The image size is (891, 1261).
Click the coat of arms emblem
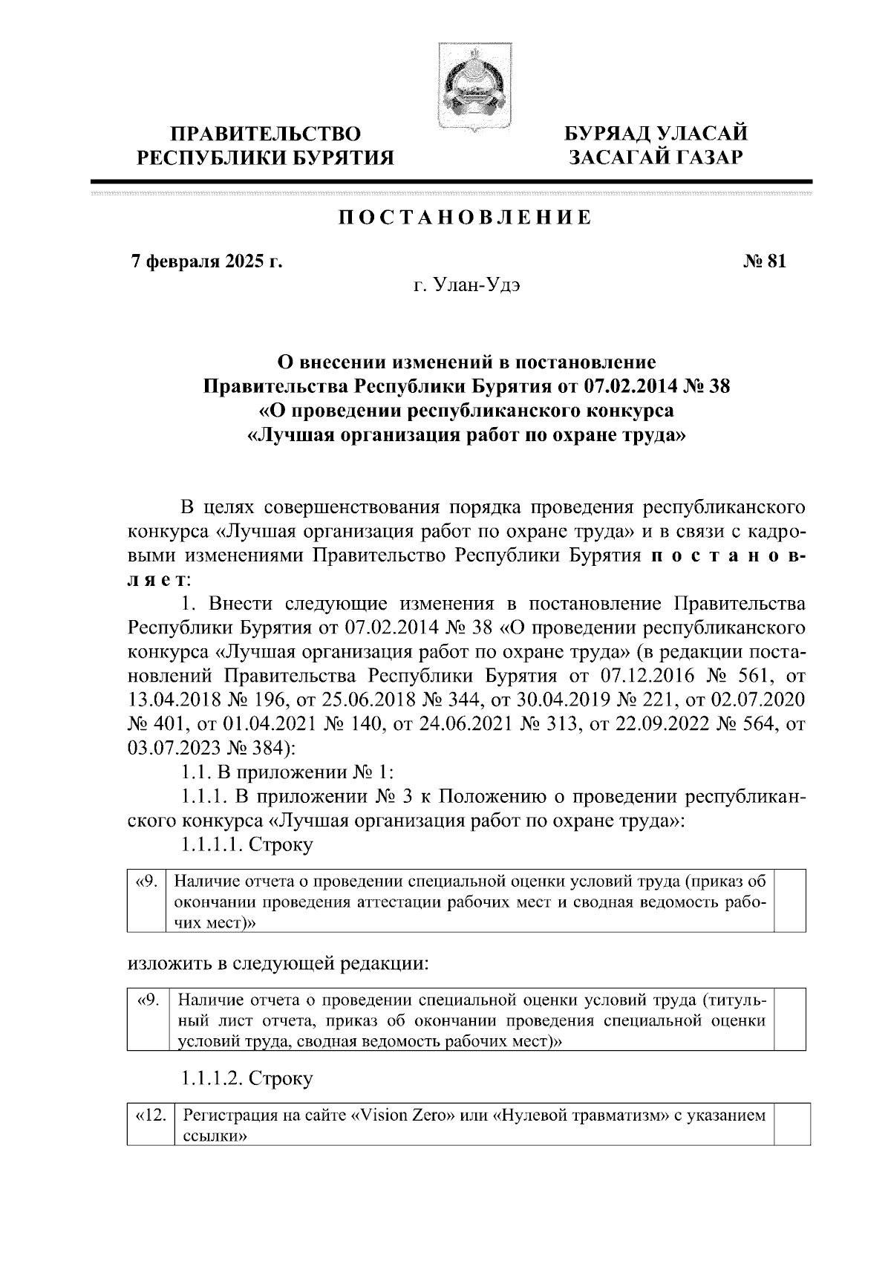coord(466,88)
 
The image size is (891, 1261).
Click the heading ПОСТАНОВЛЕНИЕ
coord(466,218)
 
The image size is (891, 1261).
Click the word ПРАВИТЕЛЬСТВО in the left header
coord(266,134)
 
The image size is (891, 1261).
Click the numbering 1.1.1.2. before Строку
coord(212,1078)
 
